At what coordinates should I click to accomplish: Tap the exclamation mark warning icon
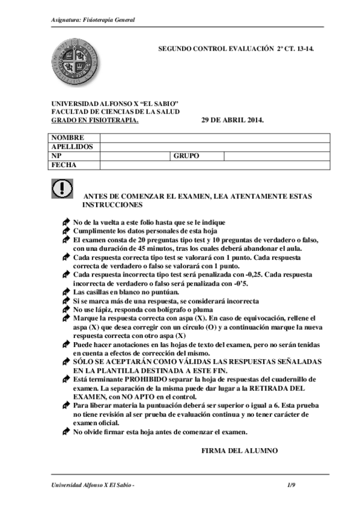62,189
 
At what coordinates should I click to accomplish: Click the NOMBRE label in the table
67,138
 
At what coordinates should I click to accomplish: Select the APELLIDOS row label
72,147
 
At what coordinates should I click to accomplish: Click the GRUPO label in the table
186,156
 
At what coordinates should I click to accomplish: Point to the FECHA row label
63,165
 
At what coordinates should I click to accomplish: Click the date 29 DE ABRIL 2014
232,120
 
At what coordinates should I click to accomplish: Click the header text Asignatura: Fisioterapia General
93,20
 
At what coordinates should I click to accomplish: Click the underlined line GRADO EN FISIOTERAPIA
94,120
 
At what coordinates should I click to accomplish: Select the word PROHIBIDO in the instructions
145,380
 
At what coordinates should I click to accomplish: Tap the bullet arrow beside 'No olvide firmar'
66,432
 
